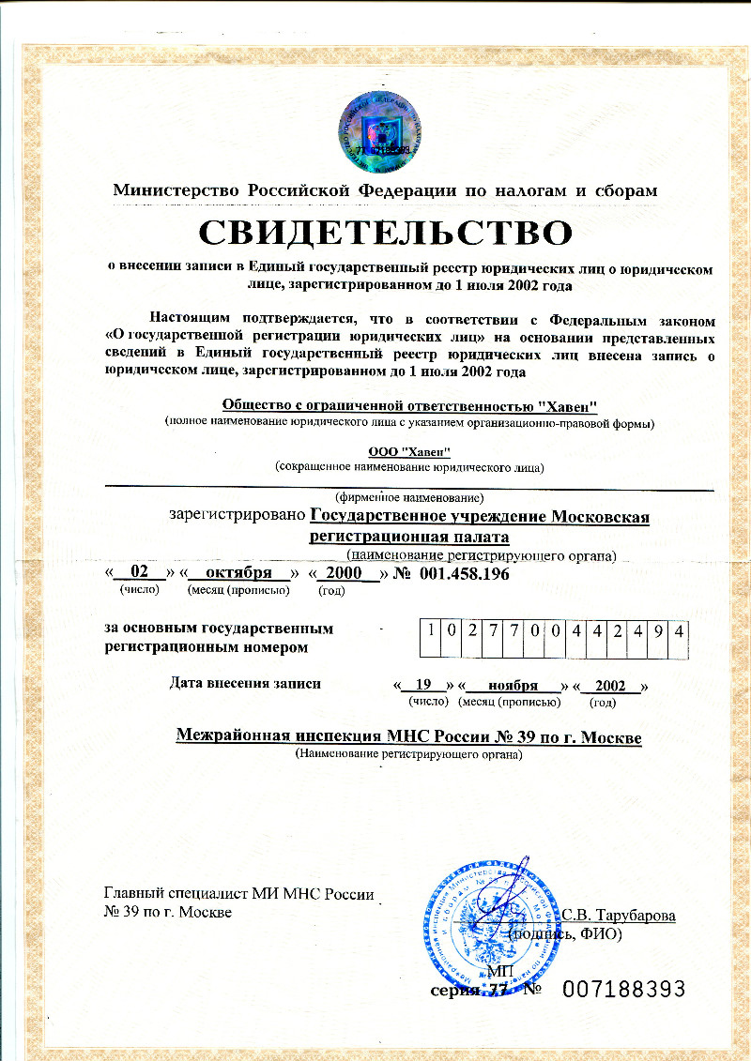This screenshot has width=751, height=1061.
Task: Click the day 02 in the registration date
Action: [x=140, y=572]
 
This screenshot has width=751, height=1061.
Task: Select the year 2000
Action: [x=343, y=572]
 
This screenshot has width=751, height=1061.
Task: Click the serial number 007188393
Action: [x=625, y=988]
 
